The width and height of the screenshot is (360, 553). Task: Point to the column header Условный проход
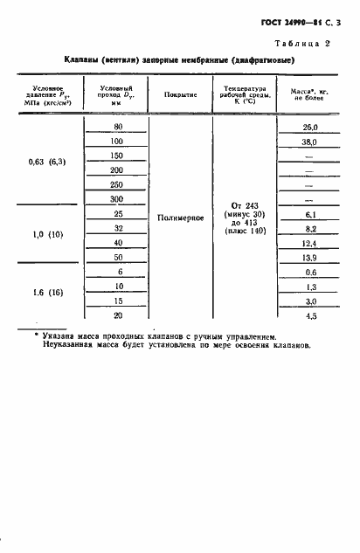pyautogui.click(x=116, y=94)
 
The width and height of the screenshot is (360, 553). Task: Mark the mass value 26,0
pyautogui.click(x=308, y=128)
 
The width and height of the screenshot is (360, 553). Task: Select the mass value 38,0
pyautogui.click(x=308, y=142)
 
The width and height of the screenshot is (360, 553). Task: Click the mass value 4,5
pyautogui.click(x=308, y=316)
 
